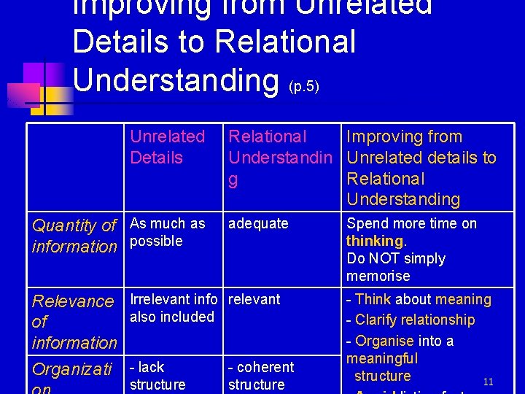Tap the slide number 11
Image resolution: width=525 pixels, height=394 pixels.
(489, 382)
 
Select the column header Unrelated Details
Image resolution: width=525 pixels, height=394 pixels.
(167, 147)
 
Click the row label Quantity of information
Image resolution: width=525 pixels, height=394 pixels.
(74, 236)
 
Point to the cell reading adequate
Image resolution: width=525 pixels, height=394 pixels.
(258, 223)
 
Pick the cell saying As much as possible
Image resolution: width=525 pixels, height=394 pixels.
(167, 232)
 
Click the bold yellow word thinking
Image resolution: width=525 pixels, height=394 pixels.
(374, 241)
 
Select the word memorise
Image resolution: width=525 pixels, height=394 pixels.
(378, 276)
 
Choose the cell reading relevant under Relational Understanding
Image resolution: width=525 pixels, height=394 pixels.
(254, 299)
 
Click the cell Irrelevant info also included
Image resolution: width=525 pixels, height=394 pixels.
(173, 308)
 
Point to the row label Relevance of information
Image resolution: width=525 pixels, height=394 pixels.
(74, 322)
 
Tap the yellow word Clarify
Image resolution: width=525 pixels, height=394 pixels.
(378, 320)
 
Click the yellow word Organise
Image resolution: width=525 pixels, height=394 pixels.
(384, 341)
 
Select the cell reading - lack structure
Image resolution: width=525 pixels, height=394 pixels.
(157, 376)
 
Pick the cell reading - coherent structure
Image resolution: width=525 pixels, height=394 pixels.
(260, 376)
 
